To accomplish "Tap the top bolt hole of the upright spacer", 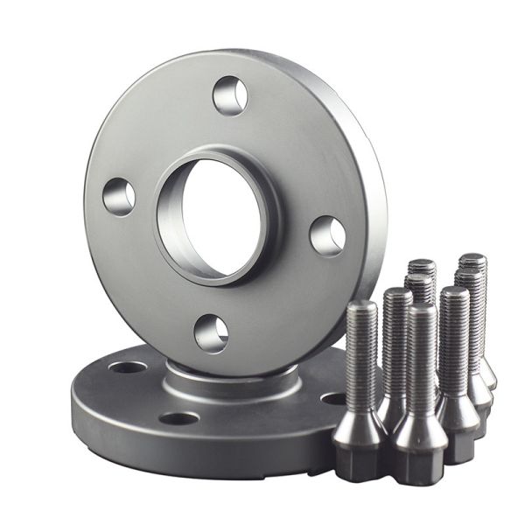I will click(230, 94).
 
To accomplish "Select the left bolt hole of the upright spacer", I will click(119, 196).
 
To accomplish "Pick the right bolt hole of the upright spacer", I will click(327, 235).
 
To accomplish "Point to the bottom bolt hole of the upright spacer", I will click(211, 333).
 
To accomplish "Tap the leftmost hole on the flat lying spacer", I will click(128, 367).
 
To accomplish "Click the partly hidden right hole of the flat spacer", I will click(333, 398).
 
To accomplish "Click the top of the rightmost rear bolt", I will click(472, 260).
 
